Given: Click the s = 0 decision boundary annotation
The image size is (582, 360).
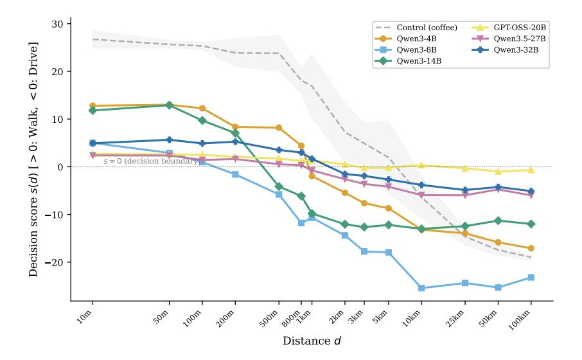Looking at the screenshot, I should coord(150,161).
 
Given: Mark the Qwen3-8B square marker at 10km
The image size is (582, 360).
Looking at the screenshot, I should coord(421,288).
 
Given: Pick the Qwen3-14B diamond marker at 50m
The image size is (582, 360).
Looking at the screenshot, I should coord(169,105).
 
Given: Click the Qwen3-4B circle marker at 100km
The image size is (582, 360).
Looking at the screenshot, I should coord(531,248).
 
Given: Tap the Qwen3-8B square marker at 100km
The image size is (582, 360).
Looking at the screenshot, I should coord(531,277).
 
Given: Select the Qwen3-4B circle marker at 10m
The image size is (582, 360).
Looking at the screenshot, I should coord(93,105).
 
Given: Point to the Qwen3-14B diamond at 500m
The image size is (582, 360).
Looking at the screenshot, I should coord(279,186).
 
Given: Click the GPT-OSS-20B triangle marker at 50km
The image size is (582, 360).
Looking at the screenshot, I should coord(498,172).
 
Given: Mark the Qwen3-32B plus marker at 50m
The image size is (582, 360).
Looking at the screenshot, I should coord(169,139).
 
